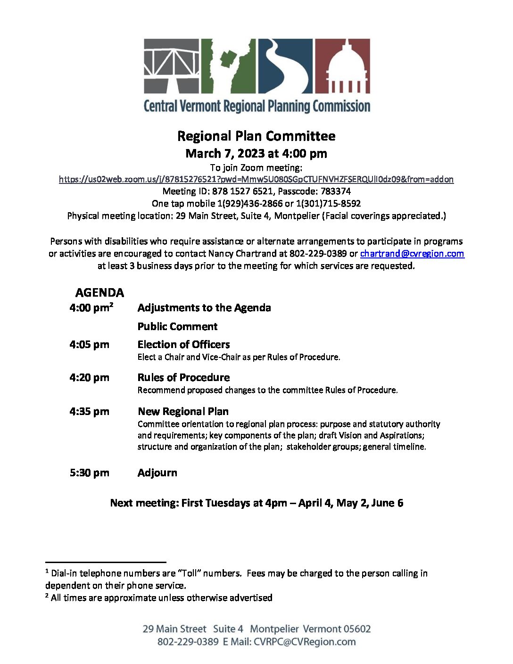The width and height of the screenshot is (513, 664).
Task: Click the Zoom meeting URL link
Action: [x=256, y=179]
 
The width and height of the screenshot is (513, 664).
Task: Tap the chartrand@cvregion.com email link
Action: [x=412, y=254]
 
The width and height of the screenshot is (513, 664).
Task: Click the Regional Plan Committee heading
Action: [x=256, y=136]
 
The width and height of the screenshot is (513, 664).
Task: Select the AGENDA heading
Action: [x=99, y=293]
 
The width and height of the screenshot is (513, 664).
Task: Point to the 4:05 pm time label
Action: [x=89, y=345]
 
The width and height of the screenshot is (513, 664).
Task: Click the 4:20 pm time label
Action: [x=89, y=378]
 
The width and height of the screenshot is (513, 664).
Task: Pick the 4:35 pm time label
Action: [x=89, y=412]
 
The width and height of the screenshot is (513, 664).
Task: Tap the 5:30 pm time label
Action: [x=89, y=473]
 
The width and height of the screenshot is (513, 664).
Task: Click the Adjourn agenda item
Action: [x=157, y=473]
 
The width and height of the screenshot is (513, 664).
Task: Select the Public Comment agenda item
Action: [x=177, y=326]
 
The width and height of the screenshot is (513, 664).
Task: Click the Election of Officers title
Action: [x=183, y=345]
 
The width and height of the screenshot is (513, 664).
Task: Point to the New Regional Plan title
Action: [x=183, y=412]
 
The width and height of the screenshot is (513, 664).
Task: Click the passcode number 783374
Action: [x=336, y=191]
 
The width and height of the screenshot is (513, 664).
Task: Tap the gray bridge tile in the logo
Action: [x=172, y=66]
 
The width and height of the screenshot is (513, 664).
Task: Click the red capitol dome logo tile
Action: [x=342, y=66]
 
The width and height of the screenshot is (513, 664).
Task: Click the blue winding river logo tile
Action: [x=285, y=66]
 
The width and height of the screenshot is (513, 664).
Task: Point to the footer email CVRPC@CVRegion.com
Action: [x=305, y=642]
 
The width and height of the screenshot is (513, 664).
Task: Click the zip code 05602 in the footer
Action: [x=357, y=629]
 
